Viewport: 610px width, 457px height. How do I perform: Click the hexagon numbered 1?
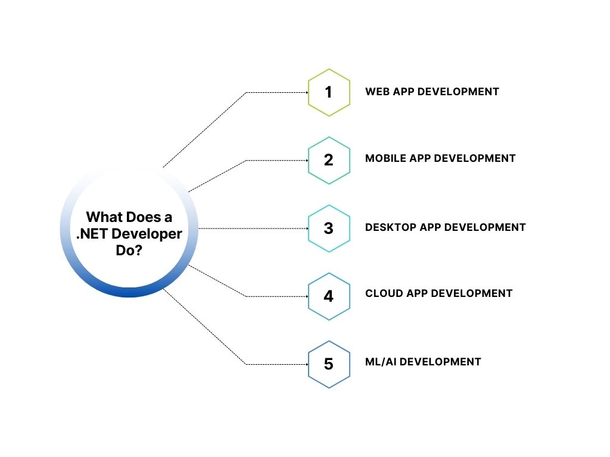coord(328,92)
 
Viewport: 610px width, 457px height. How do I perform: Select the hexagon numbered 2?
coord(328,160)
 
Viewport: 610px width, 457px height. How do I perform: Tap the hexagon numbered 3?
coord(328,228)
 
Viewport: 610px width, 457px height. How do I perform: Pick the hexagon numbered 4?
coord(328,296)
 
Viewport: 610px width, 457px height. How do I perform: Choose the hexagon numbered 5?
coord(328,364)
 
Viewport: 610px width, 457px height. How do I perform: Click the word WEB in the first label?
coord(377,92)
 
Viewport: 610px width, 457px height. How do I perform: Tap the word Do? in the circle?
coord(129,251)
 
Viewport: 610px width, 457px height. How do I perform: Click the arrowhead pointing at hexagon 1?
coord(305,92)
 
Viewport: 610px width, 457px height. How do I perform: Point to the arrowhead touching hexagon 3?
coord(305,228)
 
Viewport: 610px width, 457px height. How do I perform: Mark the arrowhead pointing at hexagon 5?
coord(305,364)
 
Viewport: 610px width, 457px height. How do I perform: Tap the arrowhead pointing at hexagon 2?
coord(305,160)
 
